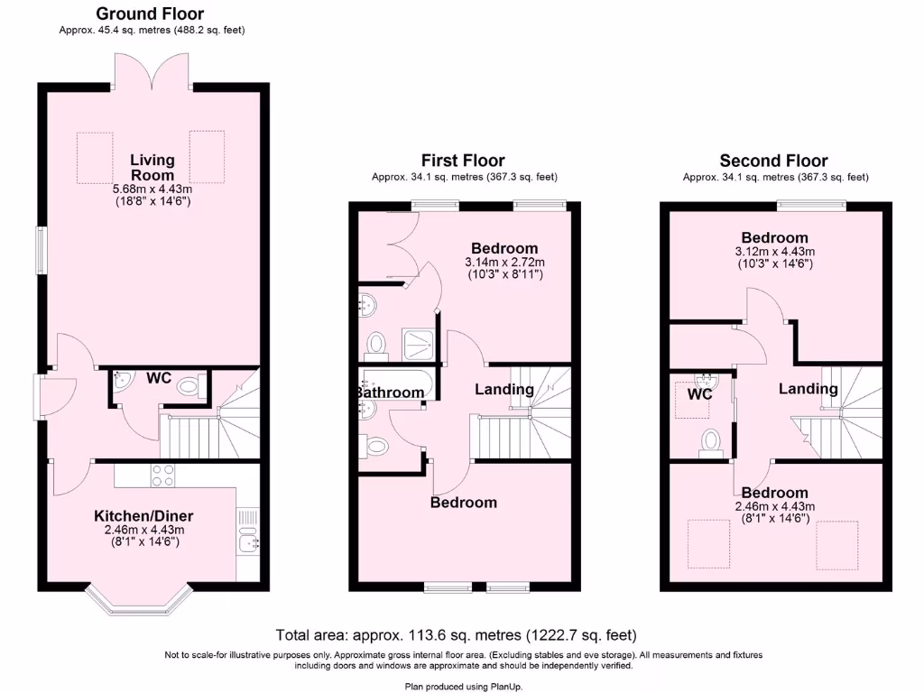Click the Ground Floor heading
150,14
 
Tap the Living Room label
152,168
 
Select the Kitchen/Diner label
144,516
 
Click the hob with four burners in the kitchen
162,475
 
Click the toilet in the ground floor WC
188,386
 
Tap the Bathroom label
389,393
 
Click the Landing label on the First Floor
504,390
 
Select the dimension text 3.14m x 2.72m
504,262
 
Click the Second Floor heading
773,161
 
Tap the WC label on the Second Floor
700,394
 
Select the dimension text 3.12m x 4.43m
774,252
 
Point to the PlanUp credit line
462,686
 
